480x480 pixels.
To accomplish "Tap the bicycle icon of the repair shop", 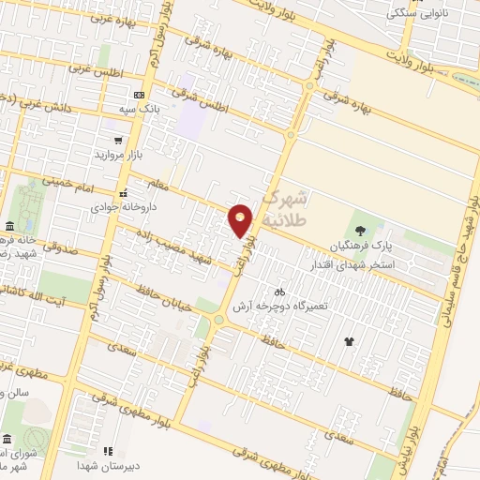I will pyautogui.click(x=278, y=291).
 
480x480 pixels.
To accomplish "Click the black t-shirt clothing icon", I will pyautogui.click(x=350, y=341).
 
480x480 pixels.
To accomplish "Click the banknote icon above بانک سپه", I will pyautogui.click(x=139, y=96).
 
